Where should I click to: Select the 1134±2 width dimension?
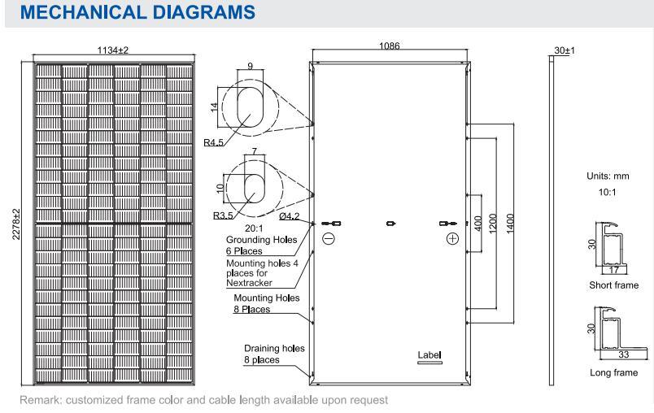(x=112, y=50)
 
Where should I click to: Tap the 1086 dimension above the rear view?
(x=389, y=47)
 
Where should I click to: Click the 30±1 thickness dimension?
(x=564, y=50)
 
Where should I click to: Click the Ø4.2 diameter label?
(x=289, y=216)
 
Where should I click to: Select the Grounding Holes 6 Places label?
(x=254, y=246)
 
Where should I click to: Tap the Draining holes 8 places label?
(x=274, y=354)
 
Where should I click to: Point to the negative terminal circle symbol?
(x=328, y=239)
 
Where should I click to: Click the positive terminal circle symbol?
(x=452, y=239)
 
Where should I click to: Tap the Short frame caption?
(x=613, y=285)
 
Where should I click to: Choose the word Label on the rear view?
(x=428, y=355)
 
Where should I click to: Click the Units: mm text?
(x=608, y=176)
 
